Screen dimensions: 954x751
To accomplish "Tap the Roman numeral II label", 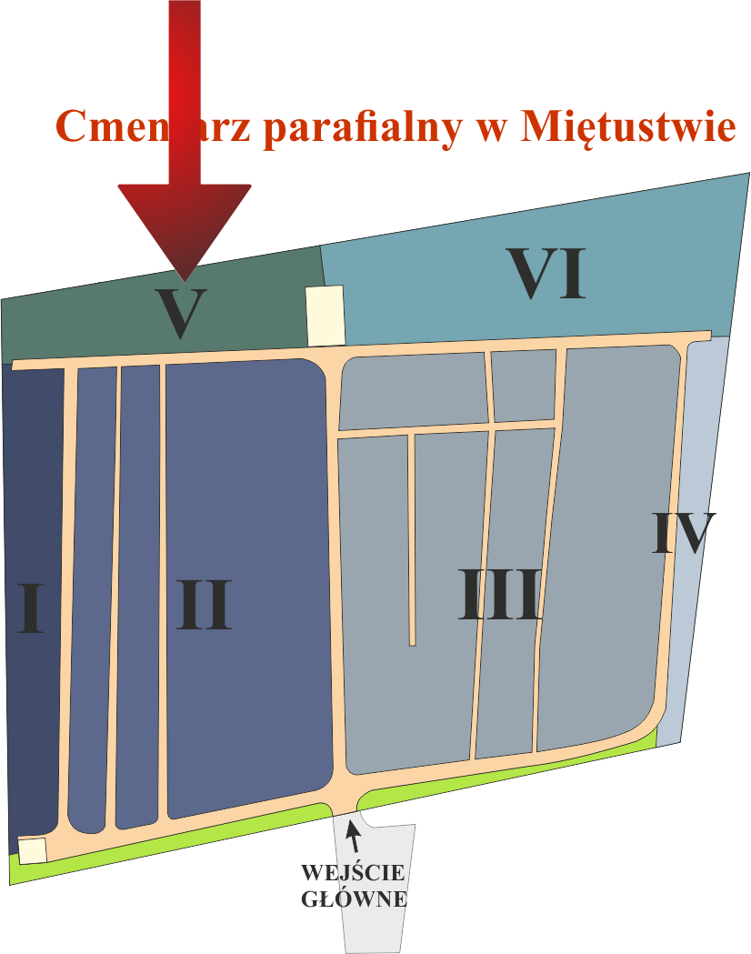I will tap(205, 605).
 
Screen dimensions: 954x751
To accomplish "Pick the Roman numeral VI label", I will tap(546, 273).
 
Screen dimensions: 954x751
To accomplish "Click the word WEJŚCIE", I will tap(352, 874).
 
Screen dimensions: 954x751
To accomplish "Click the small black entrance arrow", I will tap(353, 835).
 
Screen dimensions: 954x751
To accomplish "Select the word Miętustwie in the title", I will tap(628, 126).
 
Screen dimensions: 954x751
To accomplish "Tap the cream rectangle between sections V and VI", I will tap(325, 315).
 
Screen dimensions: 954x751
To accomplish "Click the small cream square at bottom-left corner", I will tap(33, 850).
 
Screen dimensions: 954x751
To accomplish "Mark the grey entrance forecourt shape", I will tap(377, 928).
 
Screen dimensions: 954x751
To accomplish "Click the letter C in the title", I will tap(75, 126).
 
